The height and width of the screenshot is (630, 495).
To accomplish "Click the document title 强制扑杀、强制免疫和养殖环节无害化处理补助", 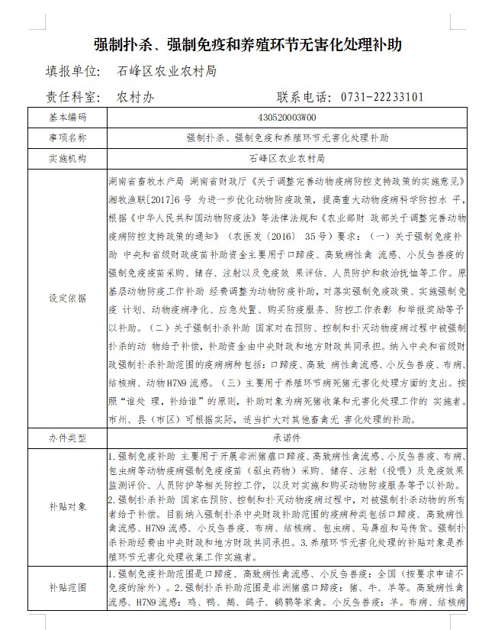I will click(x=247, y=44).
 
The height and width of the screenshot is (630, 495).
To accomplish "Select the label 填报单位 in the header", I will click(x=74, y=72).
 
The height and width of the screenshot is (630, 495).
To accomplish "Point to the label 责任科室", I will click(x=74, y=97).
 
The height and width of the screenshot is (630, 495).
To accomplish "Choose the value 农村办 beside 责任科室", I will click(x=137, y=97).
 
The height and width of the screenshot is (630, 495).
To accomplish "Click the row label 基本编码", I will click(x=68, y=118).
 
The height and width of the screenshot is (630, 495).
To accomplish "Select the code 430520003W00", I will click(x=288, y=118).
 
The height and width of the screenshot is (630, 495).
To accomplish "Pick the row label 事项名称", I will click(x=68, y=138).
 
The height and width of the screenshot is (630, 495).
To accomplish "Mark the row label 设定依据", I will click(x=68, y=298).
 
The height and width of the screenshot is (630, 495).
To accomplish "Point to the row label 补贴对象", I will click(x=68, y=506).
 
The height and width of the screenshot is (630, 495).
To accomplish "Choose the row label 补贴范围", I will click(x=68, y=587).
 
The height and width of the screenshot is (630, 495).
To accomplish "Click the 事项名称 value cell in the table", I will click(x=288, y=138).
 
